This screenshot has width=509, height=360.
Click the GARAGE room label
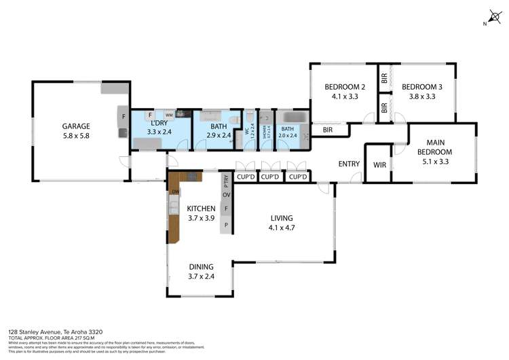click(x=76, y=126)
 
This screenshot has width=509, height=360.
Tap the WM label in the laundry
click(x=168, y=115)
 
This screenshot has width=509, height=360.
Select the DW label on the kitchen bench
click(x=174, y=192)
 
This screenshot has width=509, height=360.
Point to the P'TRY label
click(x=226, y=181)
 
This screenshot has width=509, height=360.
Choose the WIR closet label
click(x=379, y=164)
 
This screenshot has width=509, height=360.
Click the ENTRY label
click(x=349, y=164)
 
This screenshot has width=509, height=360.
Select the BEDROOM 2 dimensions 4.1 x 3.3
click(x=345, y=96)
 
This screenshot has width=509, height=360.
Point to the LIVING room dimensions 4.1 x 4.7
click(x=281, y=228)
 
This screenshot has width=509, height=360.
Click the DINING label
click(x=202, y=267)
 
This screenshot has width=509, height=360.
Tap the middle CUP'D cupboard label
click(x=271, y=177)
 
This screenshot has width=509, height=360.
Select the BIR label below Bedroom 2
click(x=328, y=130)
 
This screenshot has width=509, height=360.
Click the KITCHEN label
click(x=202, y=209)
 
